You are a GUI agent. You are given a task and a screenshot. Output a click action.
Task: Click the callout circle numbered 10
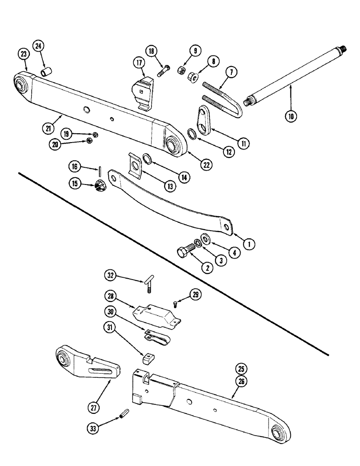(291, 117)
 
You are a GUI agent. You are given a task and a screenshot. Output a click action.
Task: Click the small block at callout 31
(147, 358)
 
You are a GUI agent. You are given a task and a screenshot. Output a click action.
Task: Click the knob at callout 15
(102, 185)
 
